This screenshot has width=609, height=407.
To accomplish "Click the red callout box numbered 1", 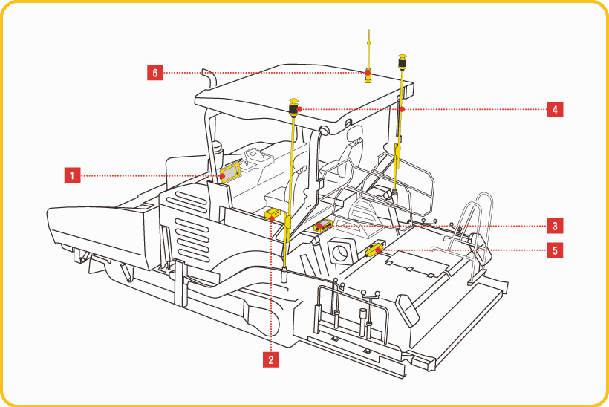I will tap(71, 175).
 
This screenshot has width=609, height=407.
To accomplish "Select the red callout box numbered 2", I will tap(272, 360).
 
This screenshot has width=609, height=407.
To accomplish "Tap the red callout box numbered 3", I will tap(554, 224).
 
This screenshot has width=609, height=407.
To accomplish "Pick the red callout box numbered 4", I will tap(554, 110).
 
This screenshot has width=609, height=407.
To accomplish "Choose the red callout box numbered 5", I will tap(554, 250).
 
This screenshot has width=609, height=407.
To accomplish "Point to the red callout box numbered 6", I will tap(154, 72).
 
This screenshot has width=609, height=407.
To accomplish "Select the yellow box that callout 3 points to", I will tap(323, 227).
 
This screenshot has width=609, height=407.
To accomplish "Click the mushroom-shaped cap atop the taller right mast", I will tap(403, 56).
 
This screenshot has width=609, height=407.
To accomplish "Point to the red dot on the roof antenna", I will tap(368, 72).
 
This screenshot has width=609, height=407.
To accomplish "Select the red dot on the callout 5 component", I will tap(379, 250).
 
